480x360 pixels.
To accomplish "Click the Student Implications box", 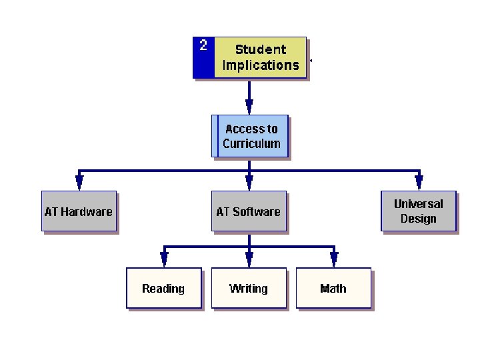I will point(260,57).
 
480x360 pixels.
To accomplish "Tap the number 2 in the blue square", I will point(203,45).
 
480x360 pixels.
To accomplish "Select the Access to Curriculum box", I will point(251,136).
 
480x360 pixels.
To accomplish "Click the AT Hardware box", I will point(79,212).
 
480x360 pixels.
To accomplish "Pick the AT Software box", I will point(249,212).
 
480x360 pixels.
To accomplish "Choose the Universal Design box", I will point(419,211).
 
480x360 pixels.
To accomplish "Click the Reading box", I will point(163,289).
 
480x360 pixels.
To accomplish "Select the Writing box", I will point(249,289).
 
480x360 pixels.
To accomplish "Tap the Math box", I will point(333,289).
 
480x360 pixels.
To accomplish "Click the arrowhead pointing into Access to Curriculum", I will point(249,107).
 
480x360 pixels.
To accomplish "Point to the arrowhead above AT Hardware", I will point(79,182).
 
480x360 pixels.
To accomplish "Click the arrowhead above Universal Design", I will point(419,182).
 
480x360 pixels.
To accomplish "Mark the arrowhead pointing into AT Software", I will point(249,182).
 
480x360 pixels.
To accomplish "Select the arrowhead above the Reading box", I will point(164,259).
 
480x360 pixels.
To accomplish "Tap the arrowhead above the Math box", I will point(334,259).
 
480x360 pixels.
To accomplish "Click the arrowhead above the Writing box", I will point(249,259).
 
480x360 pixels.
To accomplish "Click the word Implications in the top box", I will point(261,65).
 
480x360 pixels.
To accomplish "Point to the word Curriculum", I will point(251,144).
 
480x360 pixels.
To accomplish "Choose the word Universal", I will point(419,204).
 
